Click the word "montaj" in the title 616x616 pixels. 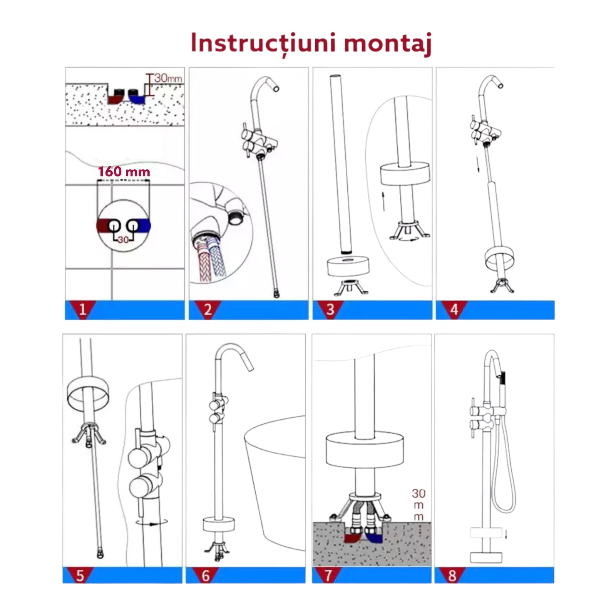coord(388,44)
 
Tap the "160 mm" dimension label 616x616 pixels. coord(124,172)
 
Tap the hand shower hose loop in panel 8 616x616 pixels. coord(504,477)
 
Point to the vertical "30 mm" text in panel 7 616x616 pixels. coord(418,505)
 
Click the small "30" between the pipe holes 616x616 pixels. coord(123,240)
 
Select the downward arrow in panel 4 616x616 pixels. coord(478,165)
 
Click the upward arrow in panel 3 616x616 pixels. coord(383,202)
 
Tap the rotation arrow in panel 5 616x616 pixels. coord(152,522)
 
